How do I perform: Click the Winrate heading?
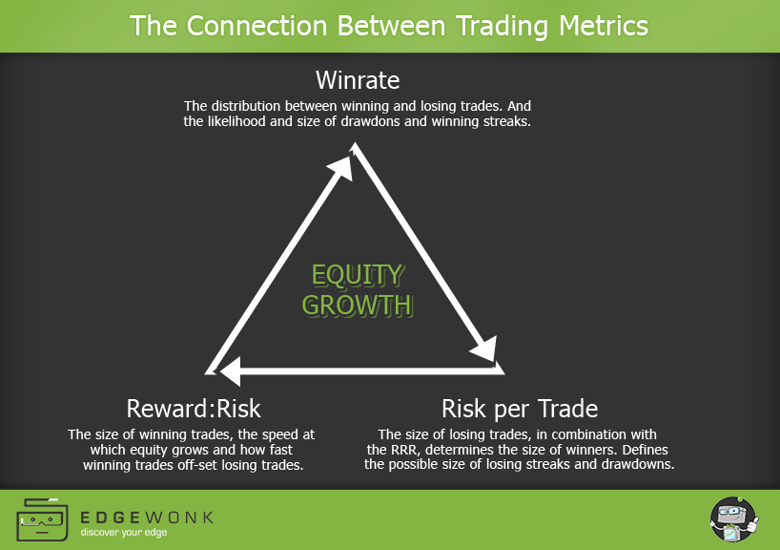(358, 80)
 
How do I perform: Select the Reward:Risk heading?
(194, 409)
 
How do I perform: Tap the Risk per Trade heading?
(520, 409)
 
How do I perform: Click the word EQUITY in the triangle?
(358, 275)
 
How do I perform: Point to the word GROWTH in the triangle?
(358, 305)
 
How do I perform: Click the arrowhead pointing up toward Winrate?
(342, 167)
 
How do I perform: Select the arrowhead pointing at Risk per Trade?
(485, 349)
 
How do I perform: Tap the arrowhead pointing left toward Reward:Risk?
(231, 371)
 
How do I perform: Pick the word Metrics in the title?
(604, 26)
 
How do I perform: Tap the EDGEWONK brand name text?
(147, 518)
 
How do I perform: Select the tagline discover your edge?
(124, 533)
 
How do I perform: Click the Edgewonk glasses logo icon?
(42, 519)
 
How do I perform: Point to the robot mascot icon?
(734, 519)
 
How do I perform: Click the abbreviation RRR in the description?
(405, 450)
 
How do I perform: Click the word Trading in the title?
(502, 26)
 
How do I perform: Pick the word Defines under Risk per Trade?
(646, 450)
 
